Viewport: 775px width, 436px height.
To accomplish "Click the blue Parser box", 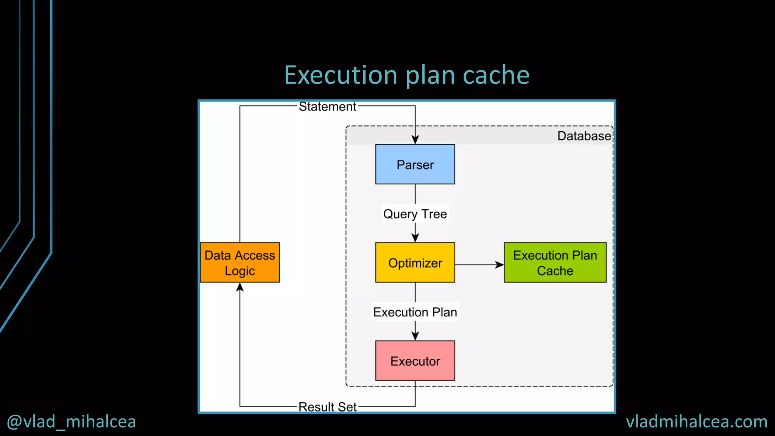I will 415,164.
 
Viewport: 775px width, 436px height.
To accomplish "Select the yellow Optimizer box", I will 415,262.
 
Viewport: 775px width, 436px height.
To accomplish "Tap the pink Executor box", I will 415,361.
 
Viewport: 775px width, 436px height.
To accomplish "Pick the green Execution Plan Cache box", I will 555,262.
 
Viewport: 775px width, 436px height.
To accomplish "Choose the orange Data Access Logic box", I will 240,262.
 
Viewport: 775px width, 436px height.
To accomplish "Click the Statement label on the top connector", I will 327,107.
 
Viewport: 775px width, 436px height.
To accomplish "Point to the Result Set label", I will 327,407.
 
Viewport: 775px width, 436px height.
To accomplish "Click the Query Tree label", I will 415,214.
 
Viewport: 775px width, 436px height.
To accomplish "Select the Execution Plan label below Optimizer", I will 415,312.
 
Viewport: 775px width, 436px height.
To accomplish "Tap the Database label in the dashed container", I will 584,136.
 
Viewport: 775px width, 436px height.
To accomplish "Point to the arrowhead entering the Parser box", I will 415,140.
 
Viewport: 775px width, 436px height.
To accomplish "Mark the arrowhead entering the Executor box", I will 415,336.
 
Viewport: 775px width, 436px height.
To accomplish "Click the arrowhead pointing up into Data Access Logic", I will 240,287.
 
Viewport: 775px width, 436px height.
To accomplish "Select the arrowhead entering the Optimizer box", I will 415,238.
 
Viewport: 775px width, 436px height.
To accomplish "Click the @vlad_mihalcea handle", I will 71,422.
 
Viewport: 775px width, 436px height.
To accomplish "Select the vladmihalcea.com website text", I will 696,422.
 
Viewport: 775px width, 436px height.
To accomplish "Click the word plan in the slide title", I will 430,76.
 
